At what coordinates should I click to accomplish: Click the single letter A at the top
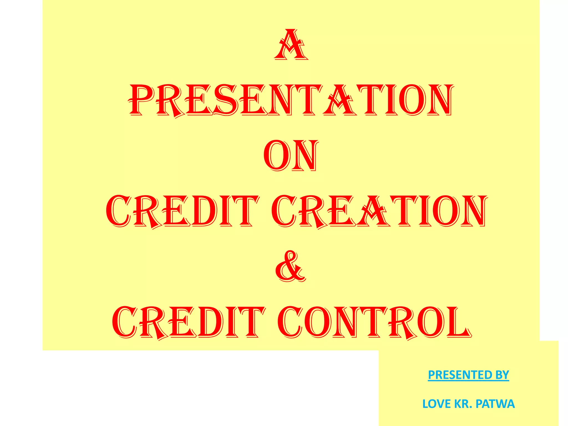pos(291,45)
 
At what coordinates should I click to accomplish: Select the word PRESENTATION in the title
pos(291,100)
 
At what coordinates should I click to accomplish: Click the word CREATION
pos(379,211)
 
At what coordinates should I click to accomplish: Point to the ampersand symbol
pos(290,267)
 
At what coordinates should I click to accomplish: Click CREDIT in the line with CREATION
pos(182,211)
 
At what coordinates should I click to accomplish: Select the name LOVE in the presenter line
pos(437,404)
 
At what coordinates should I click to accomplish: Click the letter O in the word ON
pos(276,156)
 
